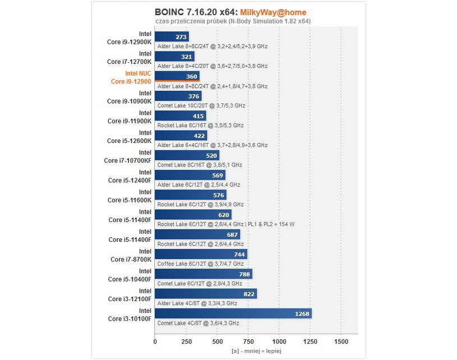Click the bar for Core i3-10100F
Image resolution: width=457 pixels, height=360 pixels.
tap(233, 313)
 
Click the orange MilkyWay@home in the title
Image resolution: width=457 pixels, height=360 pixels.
tap(273, 12)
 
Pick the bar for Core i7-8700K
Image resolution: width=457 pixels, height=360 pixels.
tap(201, 254)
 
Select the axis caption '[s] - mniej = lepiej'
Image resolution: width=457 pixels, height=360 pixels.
tap(256, 350)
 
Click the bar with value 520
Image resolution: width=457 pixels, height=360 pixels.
tap(187, 155)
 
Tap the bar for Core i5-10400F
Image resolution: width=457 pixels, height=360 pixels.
tap(204, 274)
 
